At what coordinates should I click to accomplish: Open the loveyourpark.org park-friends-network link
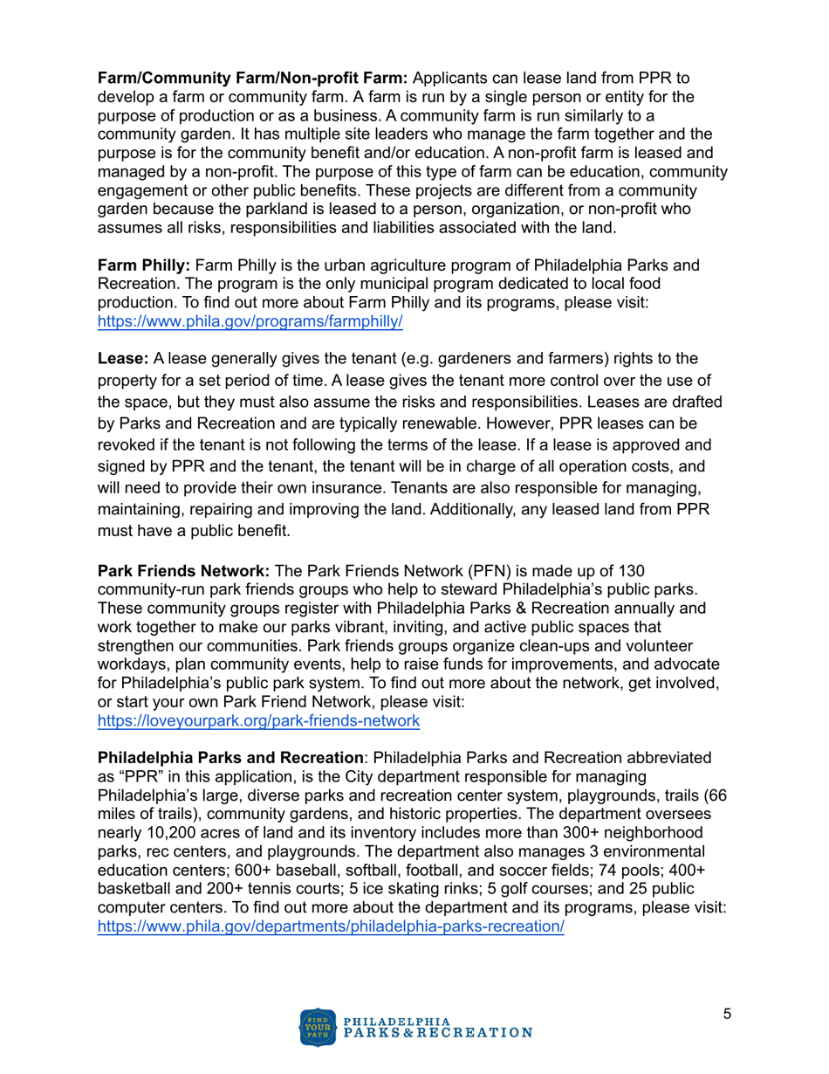click(258, 721)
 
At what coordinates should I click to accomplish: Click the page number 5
click(727, 1014)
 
